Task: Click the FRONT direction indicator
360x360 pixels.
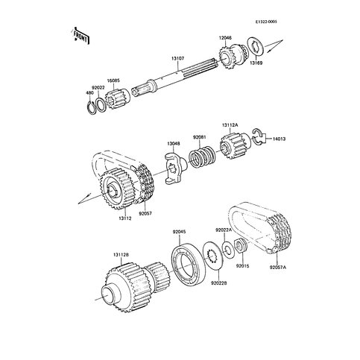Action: (x=81, y=36)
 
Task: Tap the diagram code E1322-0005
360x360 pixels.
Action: (x=266, y=22)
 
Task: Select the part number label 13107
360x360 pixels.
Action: (x=177, y=59)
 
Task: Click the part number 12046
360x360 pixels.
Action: (x=225, y=38)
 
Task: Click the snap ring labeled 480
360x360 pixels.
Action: (x=92, y=107)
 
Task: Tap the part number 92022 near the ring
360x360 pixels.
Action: (x=98, y=88)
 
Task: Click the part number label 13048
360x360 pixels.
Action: (x=174, y=144)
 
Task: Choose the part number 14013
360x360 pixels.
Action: (x=279, y=139)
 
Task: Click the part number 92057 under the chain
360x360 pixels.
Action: (x=145, y=213)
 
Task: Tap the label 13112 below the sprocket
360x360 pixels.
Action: (x=124, y=218)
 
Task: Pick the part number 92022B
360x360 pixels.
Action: (x=219, y=283)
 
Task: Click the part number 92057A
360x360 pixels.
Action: (x=278, y=268)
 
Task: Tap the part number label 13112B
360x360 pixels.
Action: (x=121, y=255)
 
